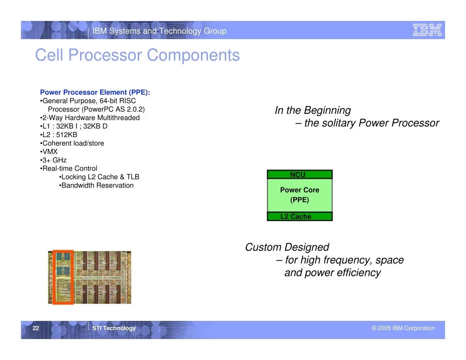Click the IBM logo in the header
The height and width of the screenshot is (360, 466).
tap(427, 30)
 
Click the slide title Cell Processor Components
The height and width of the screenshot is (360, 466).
tap(137, 55)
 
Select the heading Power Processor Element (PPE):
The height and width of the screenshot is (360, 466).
tap(95, 92)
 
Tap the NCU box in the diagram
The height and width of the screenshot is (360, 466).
tap(299, 174)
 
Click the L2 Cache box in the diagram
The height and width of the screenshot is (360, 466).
tap(299, 217)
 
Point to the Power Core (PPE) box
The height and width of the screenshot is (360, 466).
tap(299, 195)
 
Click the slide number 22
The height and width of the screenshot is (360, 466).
tap(35, 328)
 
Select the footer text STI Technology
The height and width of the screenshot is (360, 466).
tap(114, 328)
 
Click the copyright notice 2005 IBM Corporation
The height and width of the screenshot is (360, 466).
tap(403, 328)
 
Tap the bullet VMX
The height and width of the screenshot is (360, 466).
tap(49, 152)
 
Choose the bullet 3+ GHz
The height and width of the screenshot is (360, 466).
tap(53, 160)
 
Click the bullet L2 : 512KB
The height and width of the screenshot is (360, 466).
tap(59, 135)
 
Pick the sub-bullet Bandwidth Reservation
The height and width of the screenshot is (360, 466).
tap(96, 185)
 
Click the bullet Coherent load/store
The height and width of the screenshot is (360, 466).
tap(72, 143)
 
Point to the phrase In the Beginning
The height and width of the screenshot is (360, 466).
tap(313, 110)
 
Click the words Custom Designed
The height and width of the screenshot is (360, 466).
tap(287, 247)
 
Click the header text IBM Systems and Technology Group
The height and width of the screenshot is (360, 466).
tap(159, 31)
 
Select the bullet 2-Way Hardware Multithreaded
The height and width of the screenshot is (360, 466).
tap(90, 118)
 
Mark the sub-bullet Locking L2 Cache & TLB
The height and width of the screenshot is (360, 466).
tap(99, 177)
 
